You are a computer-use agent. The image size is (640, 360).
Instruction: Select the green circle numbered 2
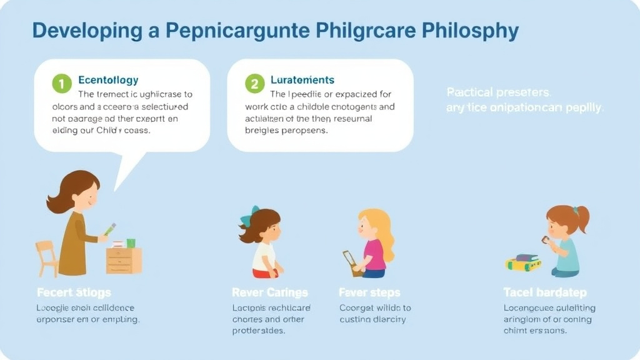pos(254,82)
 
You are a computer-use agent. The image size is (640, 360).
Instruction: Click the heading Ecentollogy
pos(108,81)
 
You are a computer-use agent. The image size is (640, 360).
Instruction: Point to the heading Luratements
pos(302,80)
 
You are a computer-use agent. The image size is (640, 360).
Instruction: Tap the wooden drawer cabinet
pos(124,259)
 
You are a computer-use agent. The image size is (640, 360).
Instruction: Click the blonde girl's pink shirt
pos(374,253)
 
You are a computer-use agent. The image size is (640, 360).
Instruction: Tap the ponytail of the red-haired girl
pos(582,218)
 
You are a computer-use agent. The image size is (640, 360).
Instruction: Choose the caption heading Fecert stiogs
pos(74,292)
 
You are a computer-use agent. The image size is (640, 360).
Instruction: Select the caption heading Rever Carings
pos(269,292)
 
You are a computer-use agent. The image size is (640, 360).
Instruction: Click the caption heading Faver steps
pos(370,292)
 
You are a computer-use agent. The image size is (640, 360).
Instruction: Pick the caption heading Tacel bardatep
pos(545,292)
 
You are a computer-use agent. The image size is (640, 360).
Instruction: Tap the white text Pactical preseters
pos(499,92)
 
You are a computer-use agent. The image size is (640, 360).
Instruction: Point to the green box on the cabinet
pos(131,243)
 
